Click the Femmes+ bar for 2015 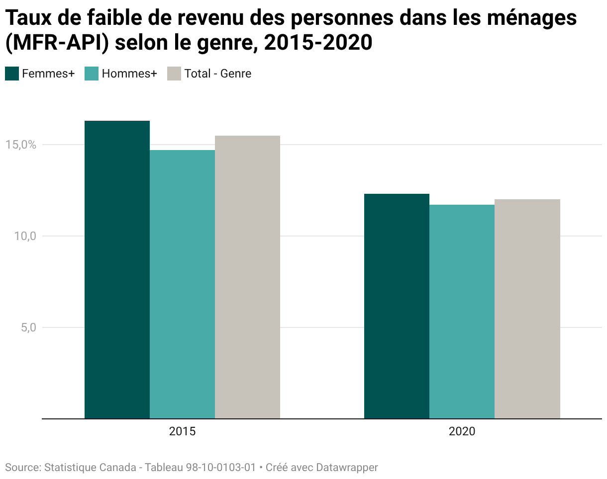117,270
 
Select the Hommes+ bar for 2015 182,284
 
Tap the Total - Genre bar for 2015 247,277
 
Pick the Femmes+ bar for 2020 397,306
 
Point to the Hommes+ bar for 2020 462,312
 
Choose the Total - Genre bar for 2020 527,309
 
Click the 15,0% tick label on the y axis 21,145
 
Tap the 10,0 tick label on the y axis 25,236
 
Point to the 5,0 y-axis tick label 28,327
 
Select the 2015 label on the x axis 182,431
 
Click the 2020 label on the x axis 462,431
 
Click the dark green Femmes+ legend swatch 12,74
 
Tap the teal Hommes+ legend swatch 92,74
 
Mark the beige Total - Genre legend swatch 174,74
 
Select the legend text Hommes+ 129,74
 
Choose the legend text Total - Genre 218,74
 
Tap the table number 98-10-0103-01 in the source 221,468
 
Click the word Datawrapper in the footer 347,468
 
